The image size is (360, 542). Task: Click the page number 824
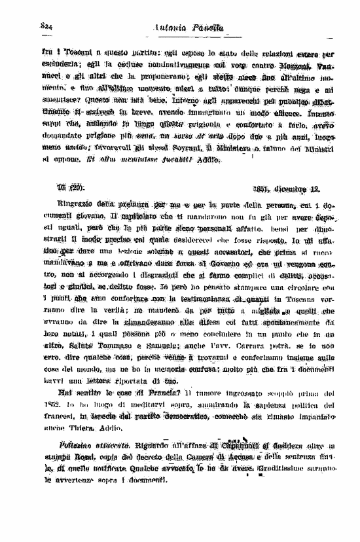coord(46,26)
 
